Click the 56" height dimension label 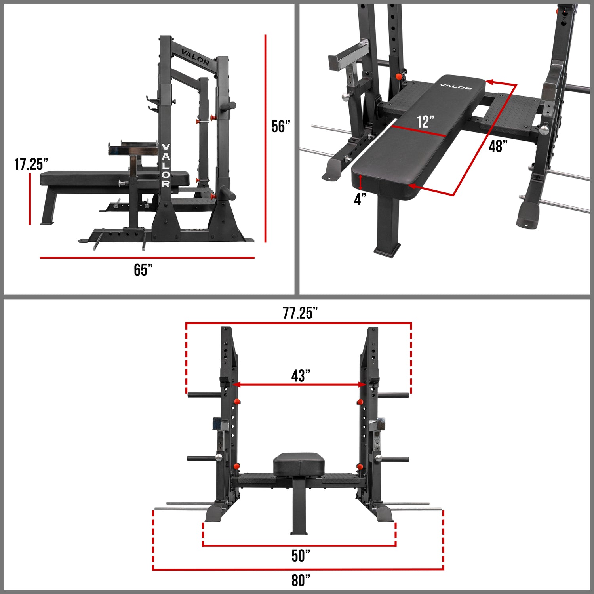(x=281, y=127)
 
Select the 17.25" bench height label (x=31, y=164)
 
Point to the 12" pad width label (x=425, y=122)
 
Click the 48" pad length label (x=498, y=146)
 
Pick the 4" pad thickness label (x=360, y=199)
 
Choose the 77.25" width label (x=300, y=313)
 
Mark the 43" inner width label (x=301, y=375)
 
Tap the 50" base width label (x=301, y=556)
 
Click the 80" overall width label (x=301, y=581)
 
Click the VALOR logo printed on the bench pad (x=456, y=86)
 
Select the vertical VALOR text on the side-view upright (x=166, y=166)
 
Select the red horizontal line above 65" (x=147, y=258)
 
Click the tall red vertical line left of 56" (x=265, y=139)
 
